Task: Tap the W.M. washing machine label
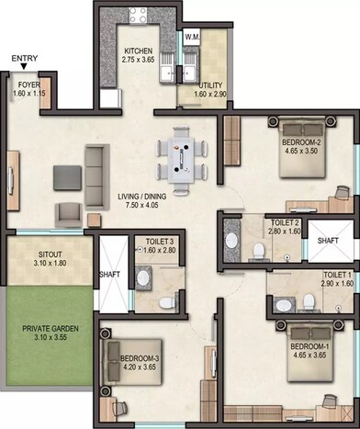[x=192, y=37]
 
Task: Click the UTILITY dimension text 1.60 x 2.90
[x=211, y=95]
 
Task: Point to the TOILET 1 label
[x=337, y=275]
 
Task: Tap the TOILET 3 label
[x=155, y=242]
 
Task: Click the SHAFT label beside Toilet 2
[x=327, y=241]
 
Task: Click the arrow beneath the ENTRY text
[x=23, y=70]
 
